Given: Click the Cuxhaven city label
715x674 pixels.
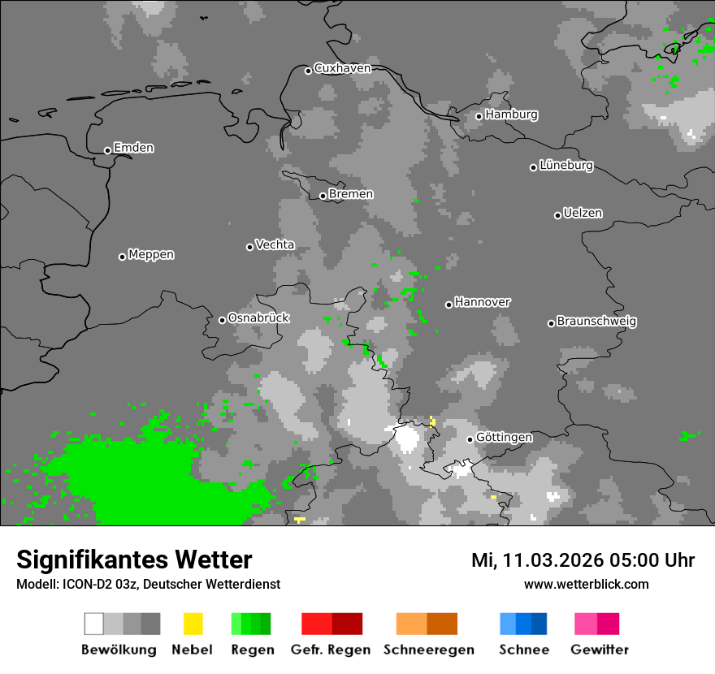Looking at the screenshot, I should (x=342, y=69).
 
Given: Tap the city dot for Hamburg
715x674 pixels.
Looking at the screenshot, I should (x=479, y=116).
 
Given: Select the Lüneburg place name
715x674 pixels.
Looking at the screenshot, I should (x=567, y=166).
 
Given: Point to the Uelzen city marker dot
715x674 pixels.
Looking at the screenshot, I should (x=557, y=215).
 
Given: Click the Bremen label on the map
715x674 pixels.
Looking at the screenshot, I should (x=351, y=194).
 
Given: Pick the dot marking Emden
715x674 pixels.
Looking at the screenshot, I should (x=107, y=150).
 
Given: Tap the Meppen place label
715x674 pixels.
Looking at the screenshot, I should (x=151, y=255).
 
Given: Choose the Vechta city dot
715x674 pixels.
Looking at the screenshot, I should (x=249, y=247).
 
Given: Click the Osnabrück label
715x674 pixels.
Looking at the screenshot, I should (x=258, y=318).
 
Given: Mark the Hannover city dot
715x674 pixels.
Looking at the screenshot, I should (x=448, y=305).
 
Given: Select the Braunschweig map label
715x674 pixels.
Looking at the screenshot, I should (x=596, y=322).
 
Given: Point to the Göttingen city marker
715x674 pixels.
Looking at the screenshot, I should (x=470, y=439).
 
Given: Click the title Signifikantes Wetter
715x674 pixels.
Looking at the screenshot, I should (x=134, y=560).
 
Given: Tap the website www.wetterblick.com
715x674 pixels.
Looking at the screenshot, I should (x=586, y=585).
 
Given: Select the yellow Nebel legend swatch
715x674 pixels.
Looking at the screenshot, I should (x=193, y=624).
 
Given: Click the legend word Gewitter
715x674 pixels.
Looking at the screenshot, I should (x=600, y=650).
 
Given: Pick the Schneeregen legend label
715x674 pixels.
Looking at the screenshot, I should (x=429, y=650).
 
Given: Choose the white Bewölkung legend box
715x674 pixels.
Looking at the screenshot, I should (x=94, y=624).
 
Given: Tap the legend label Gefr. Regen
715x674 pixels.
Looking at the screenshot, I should (x=331, y=650).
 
